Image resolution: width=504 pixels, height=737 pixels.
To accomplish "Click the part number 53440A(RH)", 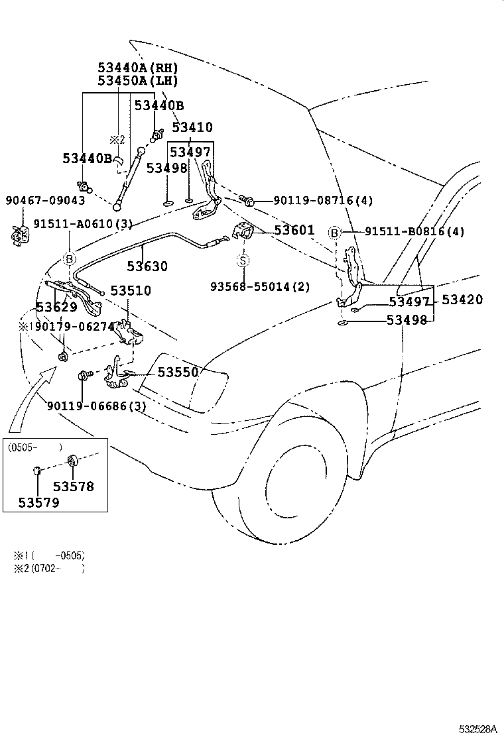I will coord(138,68).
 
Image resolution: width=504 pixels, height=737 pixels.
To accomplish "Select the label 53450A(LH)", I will coord(138,81).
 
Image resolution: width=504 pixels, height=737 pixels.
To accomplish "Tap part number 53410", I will coord(192,127).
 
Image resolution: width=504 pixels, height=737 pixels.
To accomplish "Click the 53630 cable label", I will coord(147,266).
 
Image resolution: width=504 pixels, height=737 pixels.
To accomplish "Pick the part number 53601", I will coord(294,230).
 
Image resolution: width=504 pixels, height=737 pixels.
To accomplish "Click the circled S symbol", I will coord(243,261).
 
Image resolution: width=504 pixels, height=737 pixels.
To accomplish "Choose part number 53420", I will coord(462,300).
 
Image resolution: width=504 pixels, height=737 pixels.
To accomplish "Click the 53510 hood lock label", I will coord(131,291).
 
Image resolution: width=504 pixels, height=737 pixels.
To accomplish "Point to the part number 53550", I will coord(178,372).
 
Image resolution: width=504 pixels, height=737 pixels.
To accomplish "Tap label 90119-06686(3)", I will coord(96,406).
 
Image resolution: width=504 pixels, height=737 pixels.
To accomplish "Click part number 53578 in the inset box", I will coord(74,486).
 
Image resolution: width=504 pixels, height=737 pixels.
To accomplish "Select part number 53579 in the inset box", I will coord(39,502).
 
